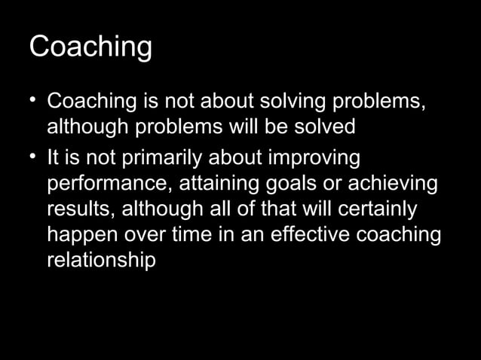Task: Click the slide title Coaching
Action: (90, 48)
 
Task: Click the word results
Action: (78, 210)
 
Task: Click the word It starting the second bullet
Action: (54, 160)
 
